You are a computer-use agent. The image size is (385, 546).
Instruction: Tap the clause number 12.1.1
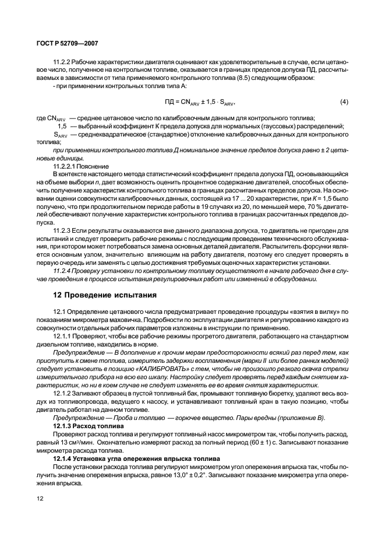(62, 337)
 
